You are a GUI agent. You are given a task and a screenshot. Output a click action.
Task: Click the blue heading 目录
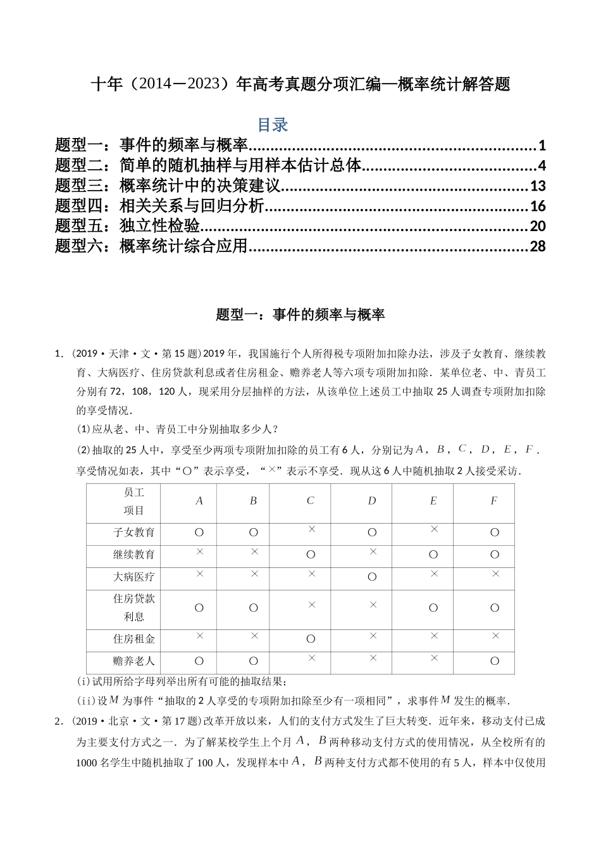(x=273, y=125)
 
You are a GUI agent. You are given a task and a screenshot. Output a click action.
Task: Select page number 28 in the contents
(x=537, y=246)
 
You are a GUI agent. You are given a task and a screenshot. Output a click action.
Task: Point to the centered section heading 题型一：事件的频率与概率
(x=300, y=315)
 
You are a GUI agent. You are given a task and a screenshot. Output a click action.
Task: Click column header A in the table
(x=199, y=501)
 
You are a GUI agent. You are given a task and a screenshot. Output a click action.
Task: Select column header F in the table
(x=494, y=501)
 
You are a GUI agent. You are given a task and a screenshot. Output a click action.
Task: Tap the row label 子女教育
(x=134, y=533)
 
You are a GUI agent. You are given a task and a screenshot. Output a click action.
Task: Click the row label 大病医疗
(x=134, y=577)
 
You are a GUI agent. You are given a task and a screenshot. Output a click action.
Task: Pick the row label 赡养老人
(x=134, y=661)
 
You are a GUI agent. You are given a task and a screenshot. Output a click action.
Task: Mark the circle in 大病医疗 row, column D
(x=372, y=577)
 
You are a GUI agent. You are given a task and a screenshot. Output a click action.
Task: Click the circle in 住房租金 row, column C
(x=311, y=639)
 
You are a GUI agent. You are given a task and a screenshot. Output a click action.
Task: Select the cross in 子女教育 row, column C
(x=311, y=529)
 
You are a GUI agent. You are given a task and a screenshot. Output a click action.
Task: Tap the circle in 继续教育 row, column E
(x=433, y=555)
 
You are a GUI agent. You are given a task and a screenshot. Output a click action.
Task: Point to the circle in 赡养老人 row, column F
(x=495, y=661)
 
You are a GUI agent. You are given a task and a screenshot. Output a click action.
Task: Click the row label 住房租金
(x=134, y=639)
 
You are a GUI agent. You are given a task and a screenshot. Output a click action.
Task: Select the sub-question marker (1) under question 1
(x=84, y=429)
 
